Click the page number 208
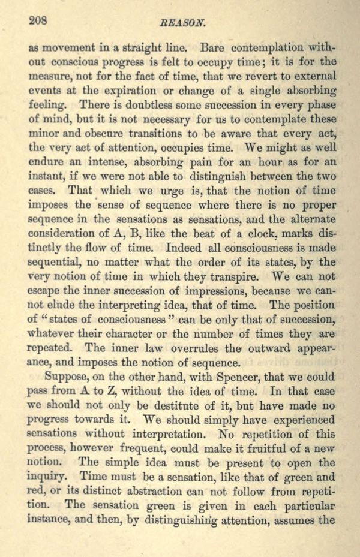point(39,19)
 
